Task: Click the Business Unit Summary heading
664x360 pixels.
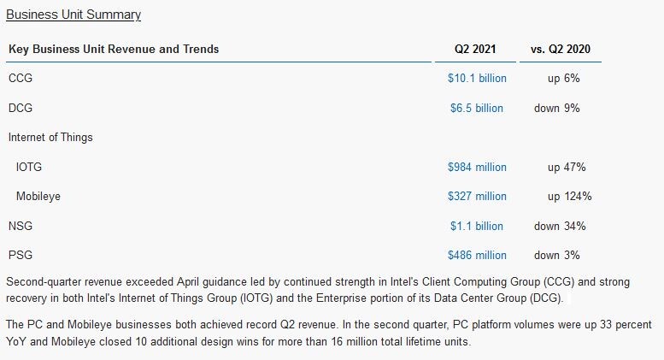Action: (73, 15)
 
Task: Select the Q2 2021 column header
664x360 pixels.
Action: (475, 49)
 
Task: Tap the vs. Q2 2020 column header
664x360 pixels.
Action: (560, 49)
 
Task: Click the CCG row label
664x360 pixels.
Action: (21, 78)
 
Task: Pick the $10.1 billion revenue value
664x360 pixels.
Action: (477, 78)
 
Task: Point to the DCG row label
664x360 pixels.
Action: (21, 108)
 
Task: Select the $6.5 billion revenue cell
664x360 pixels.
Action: (477, 108)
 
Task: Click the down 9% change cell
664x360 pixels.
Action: (560, 108)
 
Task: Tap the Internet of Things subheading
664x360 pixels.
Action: (50, 137)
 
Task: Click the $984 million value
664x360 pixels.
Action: (477, 167)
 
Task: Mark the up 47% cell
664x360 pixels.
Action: (567, 167)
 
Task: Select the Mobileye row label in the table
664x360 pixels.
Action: (38, 196)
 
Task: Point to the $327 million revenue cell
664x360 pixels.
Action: (477, 196)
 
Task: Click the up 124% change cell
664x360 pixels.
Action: (569, 196)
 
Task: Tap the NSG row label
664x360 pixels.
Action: (21, 226)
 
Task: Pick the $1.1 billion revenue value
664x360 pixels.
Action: (477, 226)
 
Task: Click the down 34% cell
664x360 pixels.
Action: (560, 226)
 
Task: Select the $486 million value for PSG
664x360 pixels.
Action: (477, 255)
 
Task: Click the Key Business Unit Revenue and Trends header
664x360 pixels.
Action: (114, 49)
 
